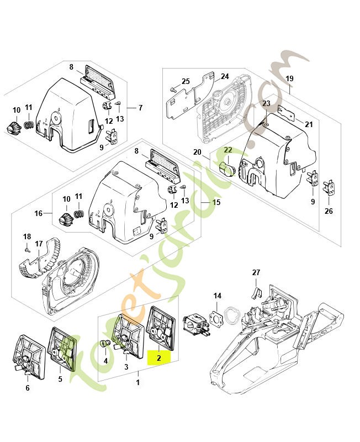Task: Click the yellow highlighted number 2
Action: click(159, 358)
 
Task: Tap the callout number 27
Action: click(256, 272)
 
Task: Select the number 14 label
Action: click(217, 296)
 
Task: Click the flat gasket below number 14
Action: click(216, 318)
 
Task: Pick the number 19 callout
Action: click(289, 78)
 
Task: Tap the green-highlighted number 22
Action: click(228, 150)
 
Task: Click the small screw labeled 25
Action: click(173, 90)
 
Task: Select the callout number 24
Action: click(225, 76)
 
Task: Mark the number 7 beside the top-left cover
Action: click(140, 108)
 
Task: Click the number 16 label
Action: click(38, 213)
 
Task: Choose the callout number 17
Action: click(39, 244)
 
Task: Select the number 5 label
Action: click(60, 379)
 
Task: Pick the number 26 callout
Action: click(329, 211)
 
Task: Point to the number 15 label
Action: click(216, 202)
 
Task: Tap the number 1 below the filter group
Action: click(138, 382)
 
